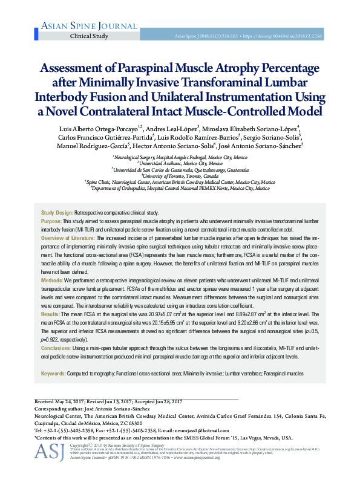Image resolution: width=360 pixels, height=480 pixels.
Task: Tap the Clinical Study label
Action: point(90,36)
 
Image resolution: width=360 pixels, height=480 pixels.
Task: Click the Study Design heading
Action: point(56,213)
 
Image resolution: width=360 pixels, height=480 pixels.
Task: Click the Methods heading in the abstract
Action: point(52,281)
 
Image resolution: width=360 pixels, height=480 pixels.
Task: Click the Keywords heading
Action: point(53,374)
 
